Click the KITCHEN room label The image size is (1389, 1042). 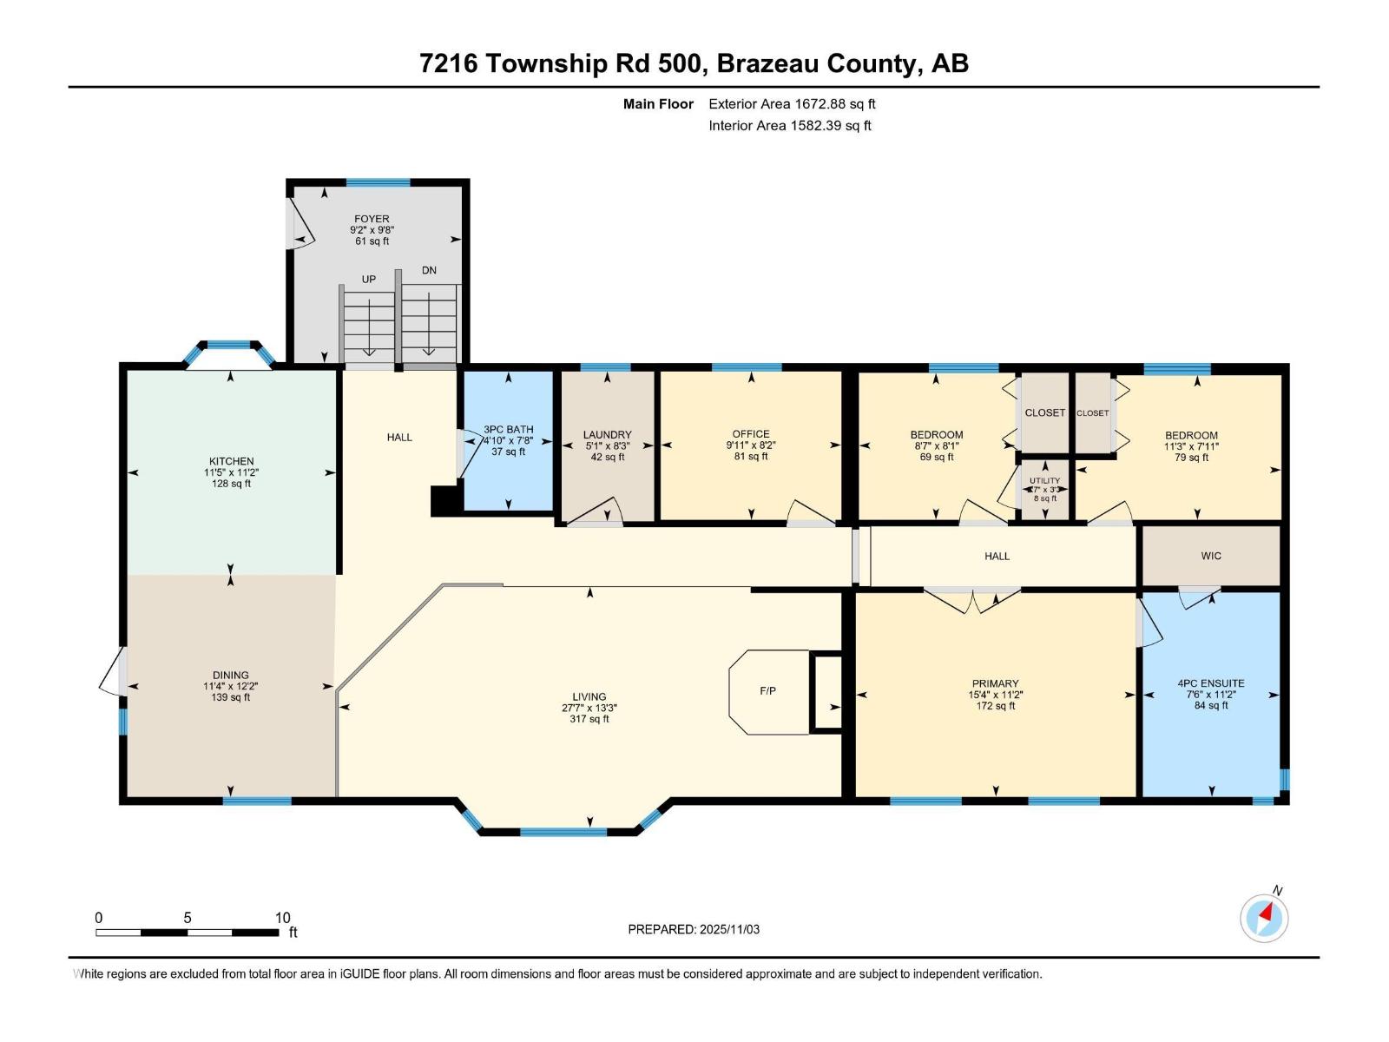[x=231, y=461]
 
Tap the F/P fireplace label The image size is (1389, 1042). [x=767, y=691]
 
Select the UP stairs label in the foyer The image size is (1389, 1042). [x=369, y=280]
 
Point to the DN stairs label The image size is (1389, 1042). [x=429, y=270]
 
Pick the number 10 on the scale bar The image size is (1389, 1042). [x=282, y=918]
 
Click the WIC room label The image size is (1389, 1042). [x=1211, y=556]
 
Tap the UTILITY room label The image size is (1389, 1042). [x=1044, y=480]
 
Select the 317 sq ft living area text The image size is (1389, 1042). [x=589, y=719]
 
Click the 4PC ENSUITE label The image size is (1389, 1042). [x=1211, y=683]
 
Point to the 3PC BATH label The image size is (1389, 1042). [x=509, y=429]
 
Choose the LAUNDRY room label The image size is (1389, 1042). [x=607, y=435]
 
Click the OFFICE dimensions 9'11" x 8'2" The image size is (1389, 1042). [x=751, y=445]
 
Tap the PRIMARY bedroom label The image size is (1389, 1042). [x=995, y=683]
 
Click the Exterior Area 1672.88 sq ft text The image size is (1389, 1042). [x=792, y=104]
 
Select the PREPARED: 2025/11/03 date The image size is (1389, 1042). [x=694, y=929]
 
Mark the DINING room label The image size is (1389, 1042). [x=231, y=675]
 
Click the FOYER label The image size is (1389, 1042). [x=372, y=219]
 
